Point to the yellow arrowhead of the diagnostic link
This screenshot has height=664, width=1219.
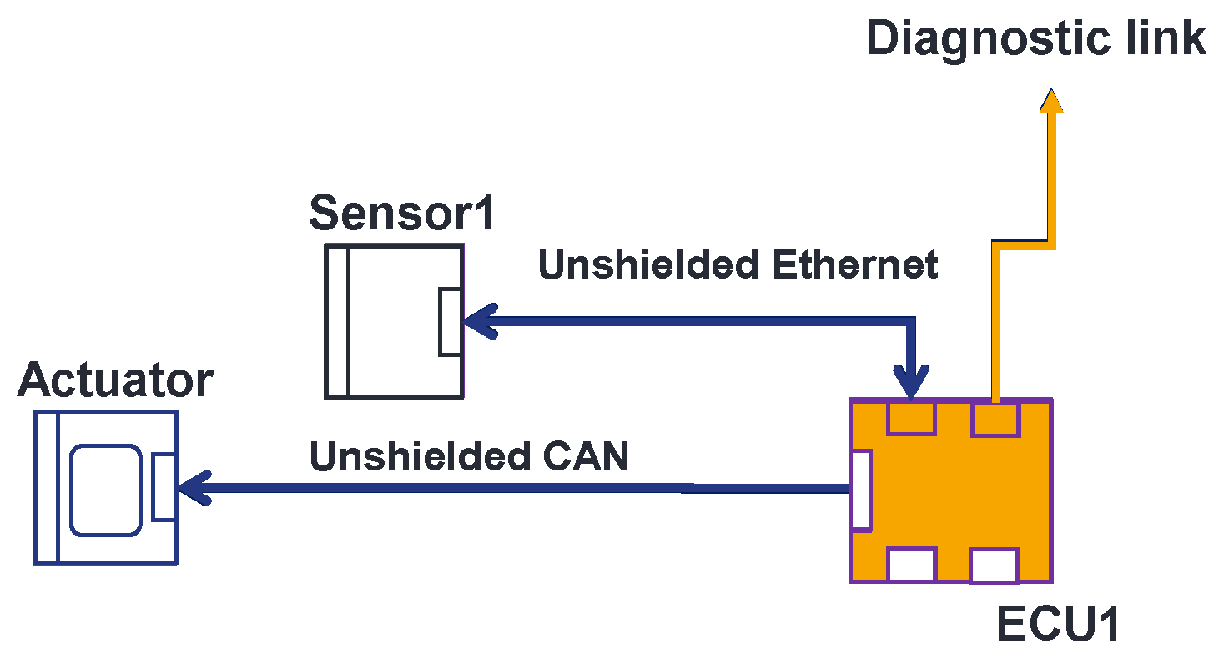pos(1051,99)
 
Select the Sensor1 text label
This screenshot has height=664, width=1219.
pos(402,213)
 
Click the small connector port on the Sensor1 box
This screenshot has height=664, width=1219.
pos(450,321)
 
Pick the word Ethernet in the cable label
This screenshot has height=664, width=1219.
pos(855,265)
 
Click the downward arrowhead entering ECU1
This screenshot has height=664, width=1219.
pos(910,383)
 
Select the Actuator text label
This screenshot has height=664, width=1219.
pos(115,380)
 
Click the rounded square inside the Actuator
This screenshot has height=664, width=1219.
pos(105,490)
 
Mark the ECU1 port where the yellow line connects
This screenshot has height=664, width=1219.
pos(995,418)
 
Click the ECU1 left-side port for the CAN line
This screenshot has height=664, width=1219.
pos(860,490)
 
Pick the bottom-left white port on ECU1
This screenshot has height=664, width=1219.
pos(911,565)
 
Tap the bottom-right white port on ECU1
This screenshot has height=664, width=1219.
pos(994,566)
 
